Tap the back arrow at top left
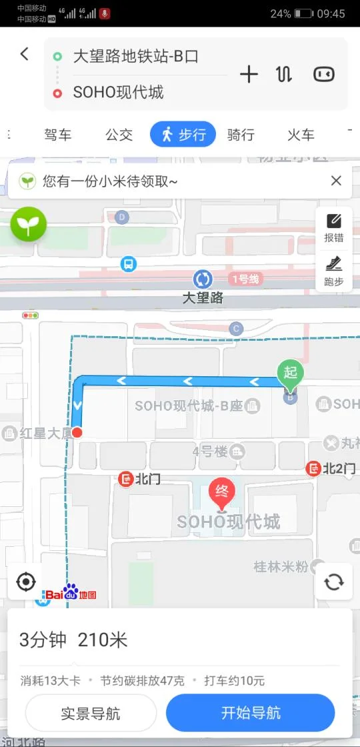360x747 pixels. [25, 54]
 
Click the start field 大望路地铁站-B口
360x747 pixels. [135, 57]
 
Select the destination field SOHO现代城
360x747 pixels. [118, 92]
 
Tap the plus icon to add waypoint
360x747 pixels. [249, 74]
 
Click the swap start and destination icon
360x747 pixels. [284, 74]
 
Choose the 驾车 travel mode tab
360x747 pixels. [58, 135]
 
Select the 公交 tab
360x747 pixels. [119, 135]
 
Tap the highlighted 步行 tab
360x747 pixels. [183, 135]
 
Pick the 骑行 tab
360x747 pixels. [241, 135]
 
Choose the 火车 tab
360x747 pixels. [301, 135]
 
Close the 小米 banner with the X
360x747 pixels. [336, 181]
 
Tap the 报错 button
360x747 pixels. [334, 227]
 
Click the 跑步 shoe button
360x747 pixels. [334, 270]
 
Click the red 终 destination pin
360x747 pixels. [223, 494]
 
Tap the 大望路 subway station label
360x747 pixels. [203, 298]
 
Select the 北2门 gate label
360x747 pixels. [331, 469]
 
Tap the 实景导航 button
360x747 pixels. [91, 713]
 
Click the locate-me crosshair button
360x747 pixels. [26, 582]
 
